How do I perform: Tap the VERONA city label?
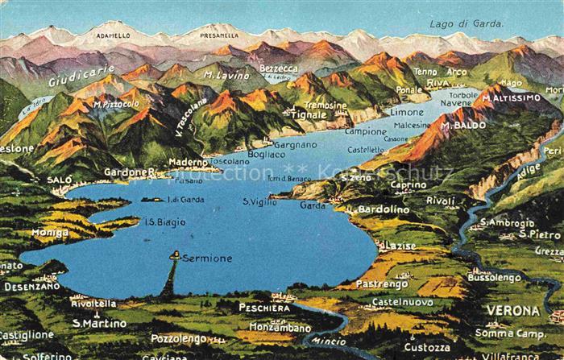click(x=512, y=310)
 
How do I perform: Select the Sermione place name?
click(x=206, y=259)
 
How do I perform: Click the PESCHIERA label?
click(x=264, y=307)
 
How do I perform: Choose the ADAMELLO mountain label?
click(x=113, y=36)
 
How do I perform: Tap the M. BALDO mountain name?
click(x=463, y=126)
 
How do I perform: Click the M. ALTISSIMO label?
click(x=512, y=97)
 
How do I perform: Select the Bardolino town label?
click(x=384, y=209)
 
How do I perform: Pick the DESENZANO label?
click(x=31, y=286)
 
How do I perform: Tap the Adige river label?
click(x=529, y=170)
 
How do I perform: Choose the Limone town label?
click(x=406, y=112)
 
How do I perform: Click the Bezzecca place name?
click(x=279, y=68)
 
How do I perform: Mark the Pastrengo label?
click(x=382, y=283)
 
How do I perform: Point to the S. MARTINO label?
click(x=99, y=323)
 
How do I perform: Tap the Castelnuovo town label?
click(x=403, y=301)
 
